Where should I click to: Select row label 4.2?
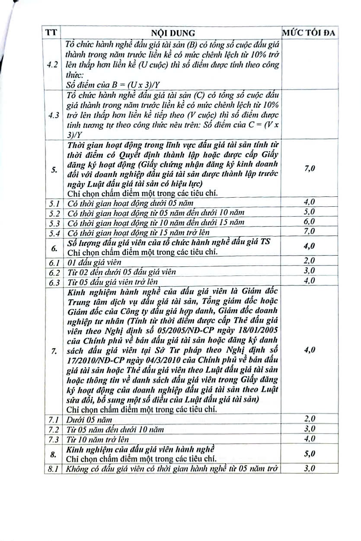pyautogui.click(x=54, y=64)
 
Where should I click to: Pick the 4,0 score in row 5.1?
pyautogui.click(x=310, y=202)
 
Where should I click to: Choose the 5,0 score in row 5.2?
pyautogui.click(x=310, y=212)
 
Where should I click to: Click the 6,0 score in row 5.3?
pyautogui.click(x=310, y=222)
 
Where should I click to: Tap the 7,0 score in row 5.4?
pyautogui.click(x=310, y=232)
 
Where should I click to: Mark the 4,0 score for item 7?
pyautogui.click(x=310, y=350)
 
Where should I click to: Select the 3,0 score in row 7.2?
pyautogui.click(x=310, y=429)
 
